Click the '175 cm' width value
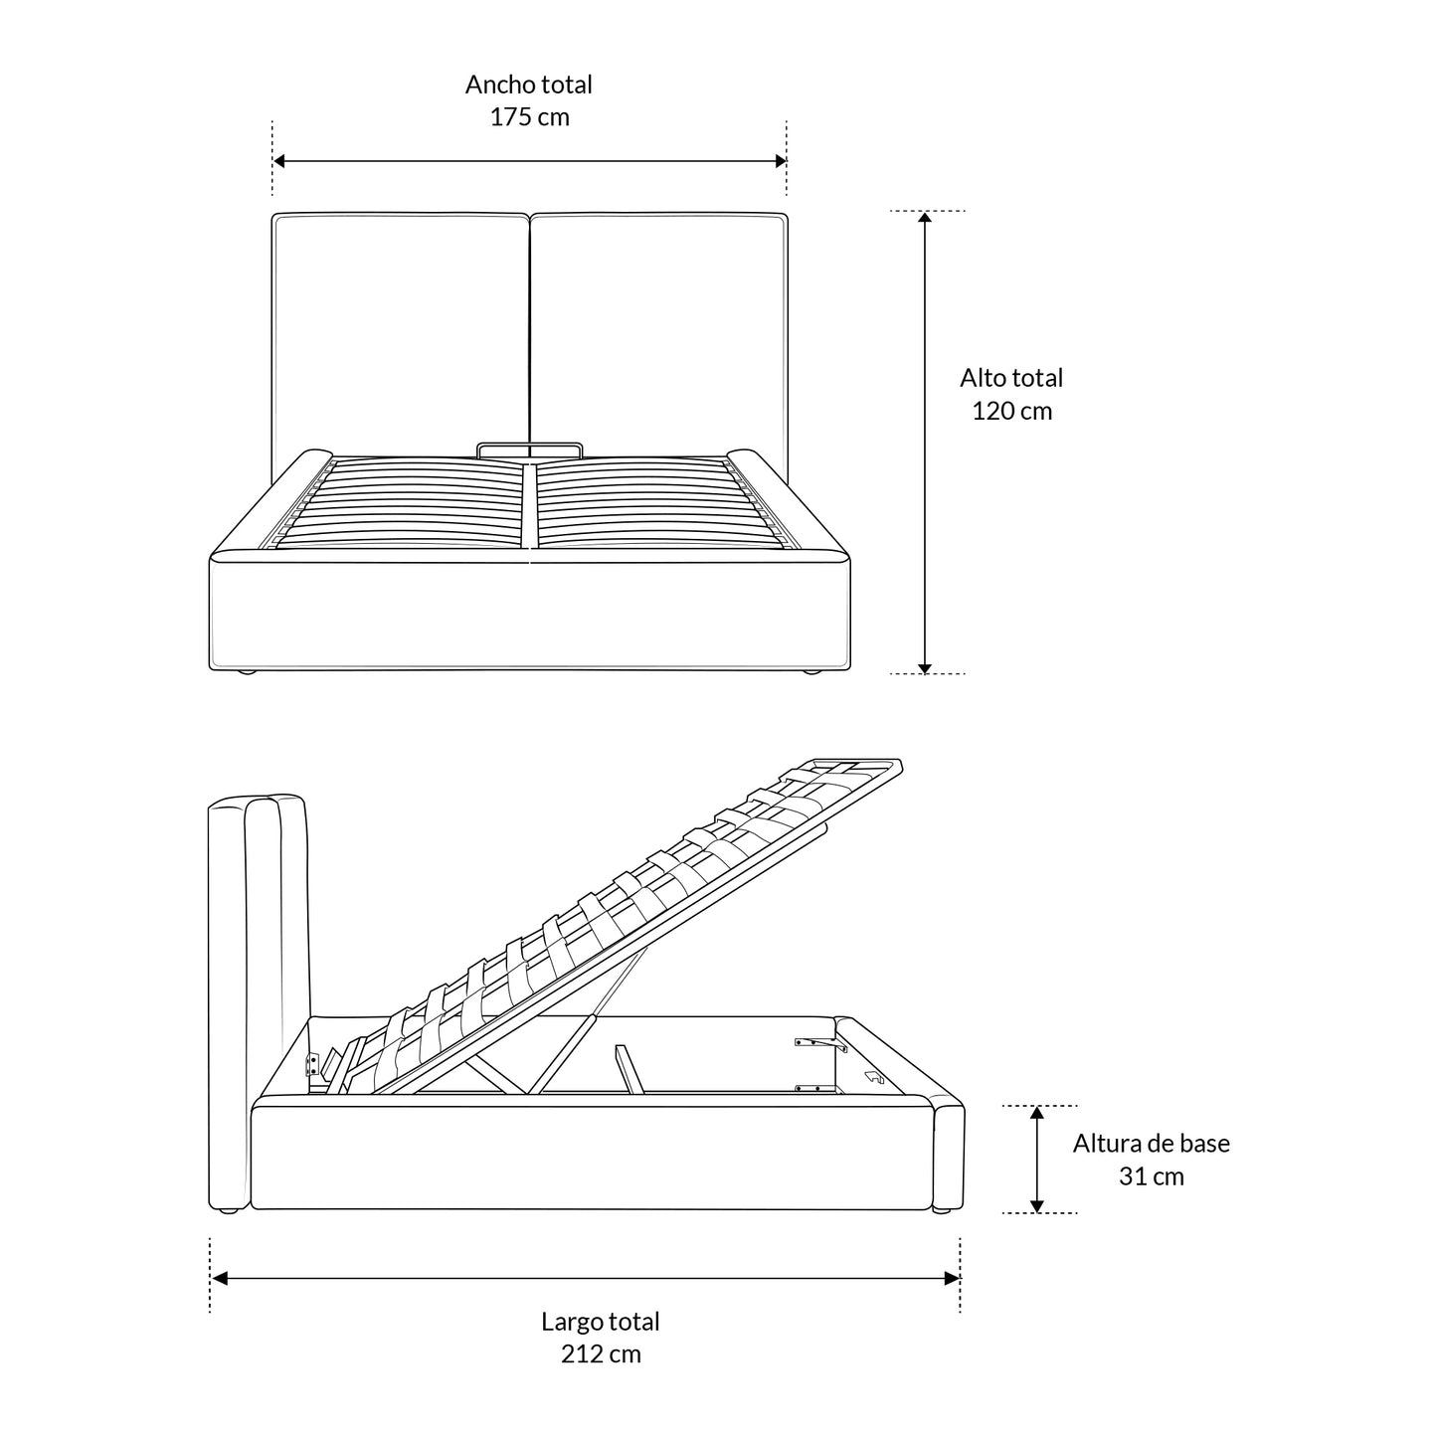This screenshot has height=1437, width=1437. point(529,117)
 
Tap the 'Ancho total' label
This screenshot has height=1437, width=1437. point(529,85)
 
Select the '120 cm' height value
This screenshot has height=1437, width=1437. point(1011,411)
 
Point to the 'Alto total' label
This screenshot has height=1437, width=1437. point(1011,378)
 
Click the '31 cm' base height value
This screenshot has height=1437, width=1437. point(1151,1176)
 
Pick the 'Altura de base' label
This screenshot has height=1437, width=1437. point(1151,1144)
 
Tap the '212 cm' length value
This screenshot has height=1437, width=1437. point(601,1353)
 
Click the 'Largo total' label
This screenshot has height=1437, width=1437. point(601,1321)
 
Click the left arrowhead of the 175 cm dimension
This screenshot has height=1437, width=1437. point(278,161)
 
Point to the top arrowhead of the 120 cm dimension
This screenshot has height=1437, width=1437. point(925,218)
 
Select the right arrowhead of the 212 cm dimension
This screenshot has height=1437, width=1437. point(953,1279)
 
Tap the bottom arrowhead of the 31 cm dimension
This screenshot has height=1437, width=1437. point(1036,1206)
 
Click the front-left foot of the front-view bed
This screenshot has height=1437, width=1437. point(246,672)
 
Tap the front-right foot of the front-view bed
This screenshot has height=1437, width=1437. point(812,672)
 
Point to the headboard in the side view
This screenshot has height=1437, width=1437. point(258,999)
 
